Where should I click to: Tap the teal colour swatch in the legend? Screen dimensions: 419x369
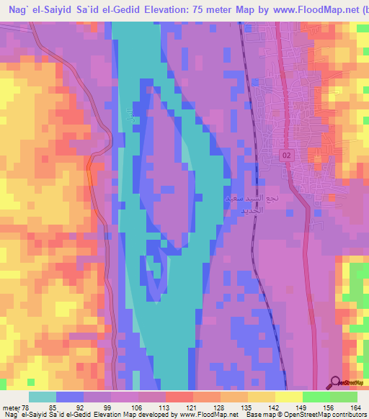pos(43,396)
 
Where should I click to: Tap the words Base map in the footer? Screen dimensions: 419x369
pos(257,414)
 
